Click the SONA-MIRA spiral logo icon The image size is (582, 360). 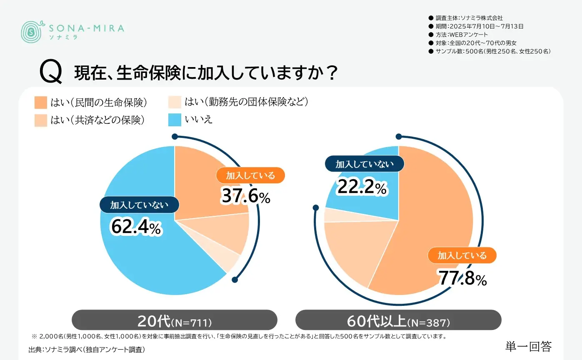(x=31, y=31)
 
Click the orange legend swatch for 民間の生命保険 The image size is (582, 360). (x=41, y=102)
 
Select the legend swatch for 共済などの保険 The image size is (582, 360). (x=41, y=120)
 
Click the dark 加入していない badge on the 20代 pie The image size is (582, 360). (x=139, y=205)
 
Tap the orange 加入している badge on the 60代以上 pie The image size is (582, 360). (x=462, y=255)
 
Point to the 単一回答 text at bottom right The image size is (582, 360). (x=528, y=346)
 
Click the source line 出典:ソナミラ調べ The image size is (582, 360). (x=87, y=349)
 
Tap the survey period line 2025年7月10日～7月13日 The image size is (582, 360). (x=479, y=26)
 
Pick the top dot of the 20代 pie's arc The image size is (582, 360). (x=175, y=136)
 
